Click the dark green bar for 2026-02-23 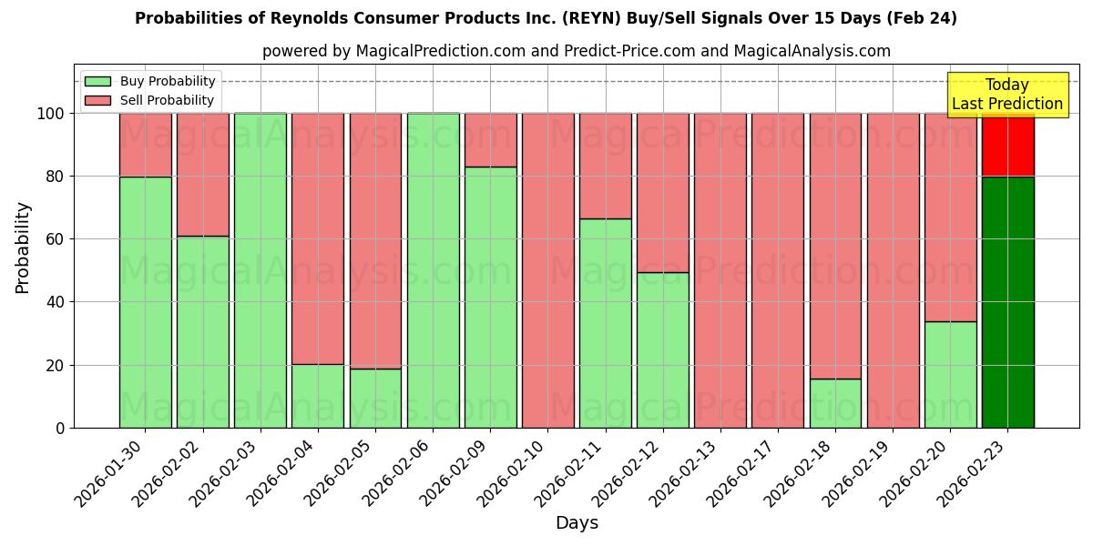coord(1007,302)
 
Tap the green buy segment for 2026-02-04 coord(318,396)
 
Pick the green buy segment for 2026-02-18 coord(835,403)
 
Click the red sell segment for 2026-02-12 coord(662,193)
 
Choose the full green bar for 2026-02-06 coord(433,270)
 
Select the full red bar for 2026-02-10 coord(547,270)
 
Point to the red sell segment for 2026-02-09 coord(490,140)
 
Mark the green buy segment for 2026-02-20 coord(950,374)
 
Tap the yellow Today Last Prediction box coord(1006,95)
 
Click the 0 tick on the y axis coord(60,428)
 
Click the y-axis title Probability coord(23,248)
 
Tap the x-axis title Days coord(577,523)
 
